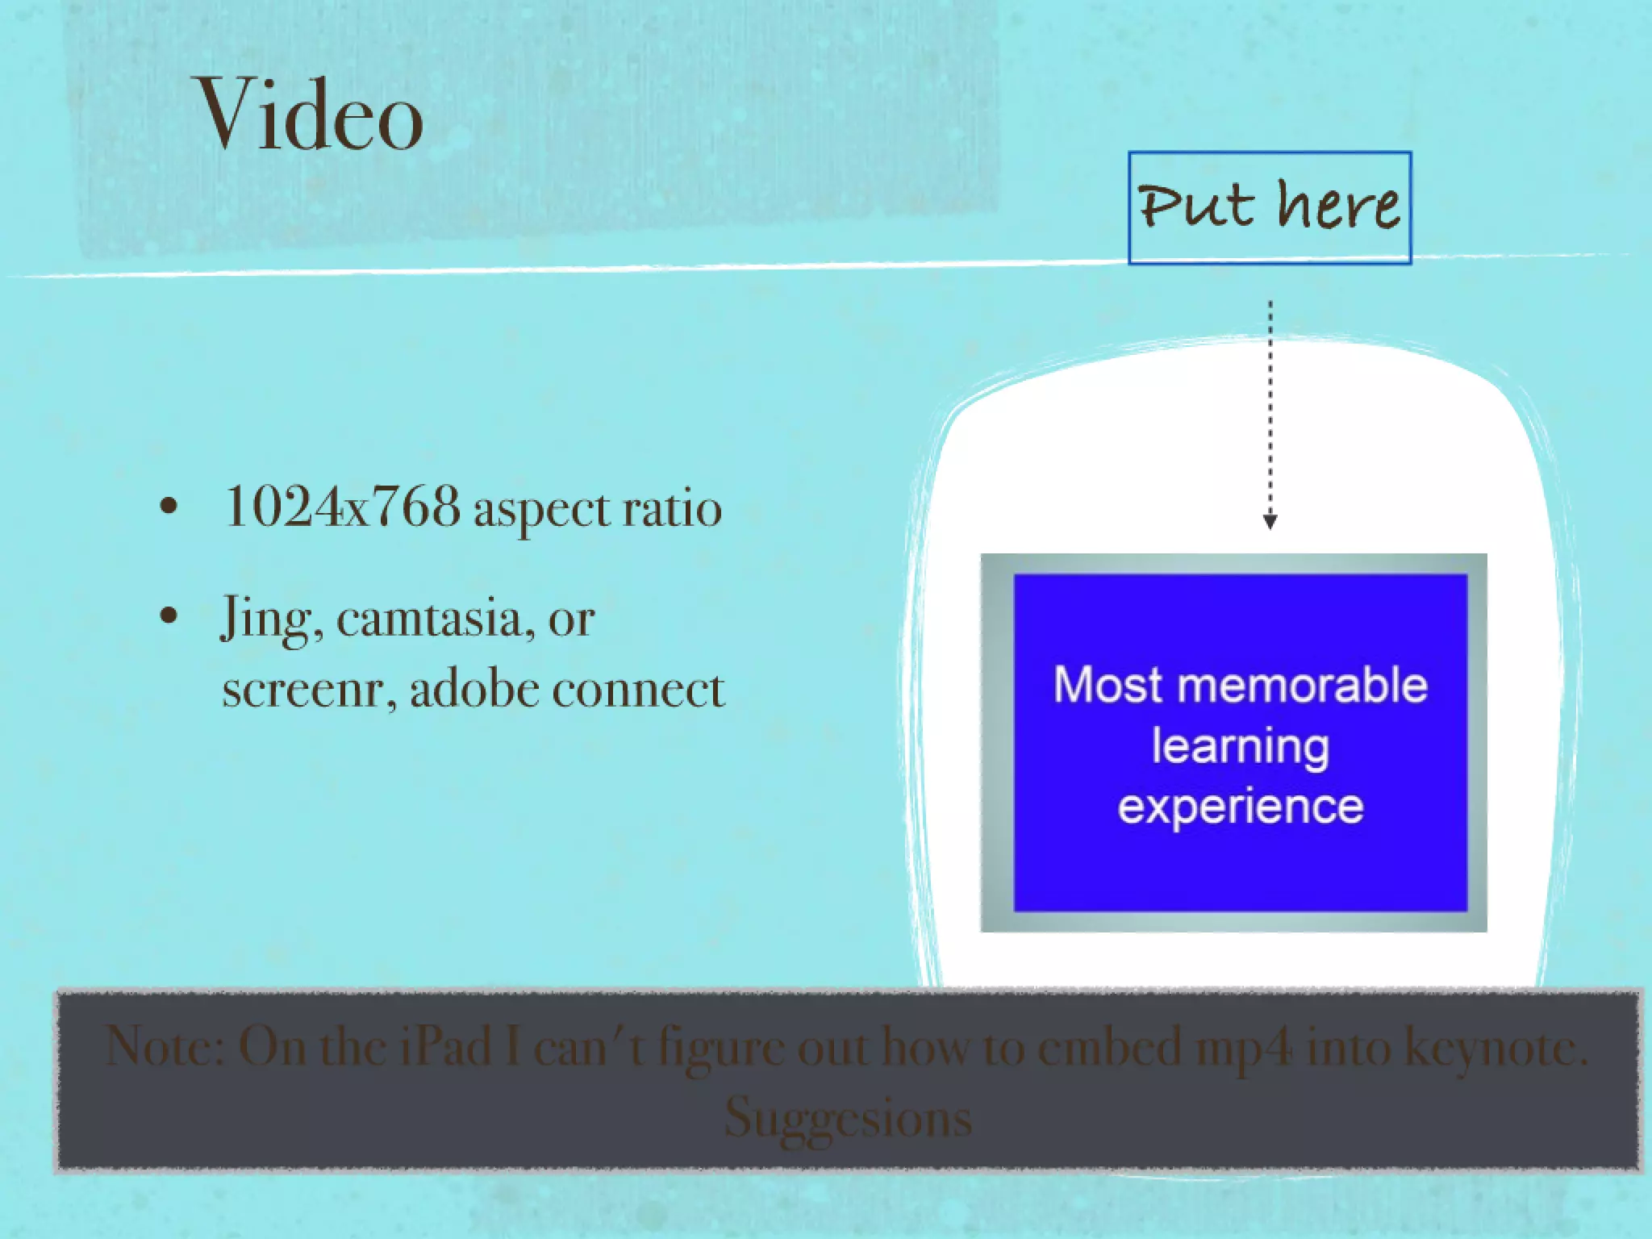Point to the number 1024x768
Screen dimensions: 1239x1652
pos(342,507)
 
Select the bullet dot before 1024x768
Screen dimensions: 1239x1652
pos(168,507)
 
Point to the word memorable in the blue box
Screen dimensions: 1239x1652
pos(1302,686)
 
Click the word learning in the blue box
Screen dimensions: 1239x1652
pos(1240,747)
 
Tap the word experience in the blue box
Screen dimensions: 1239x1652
pos(1240,807)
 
